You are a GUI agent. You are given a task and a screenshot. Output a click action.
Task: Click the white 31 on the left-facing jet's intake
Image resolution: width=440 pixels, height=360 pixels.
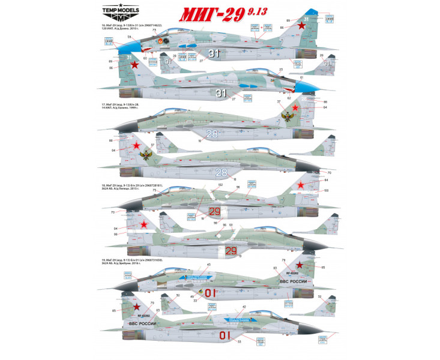click(x=214, y=53)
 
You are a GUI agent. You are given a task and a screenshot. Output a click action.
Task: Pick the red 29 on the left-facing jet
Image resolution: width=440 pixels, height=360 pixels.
click(x=214, y=211)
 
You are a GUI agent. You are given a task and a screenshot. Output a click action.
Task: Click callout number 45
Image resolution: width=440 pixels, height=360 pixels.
click(x=208, y=265)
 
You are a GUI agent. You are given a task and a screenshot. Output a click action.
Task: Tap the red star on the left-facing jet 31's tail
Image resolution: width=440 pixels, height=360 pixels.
click(x=302, y=26)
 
